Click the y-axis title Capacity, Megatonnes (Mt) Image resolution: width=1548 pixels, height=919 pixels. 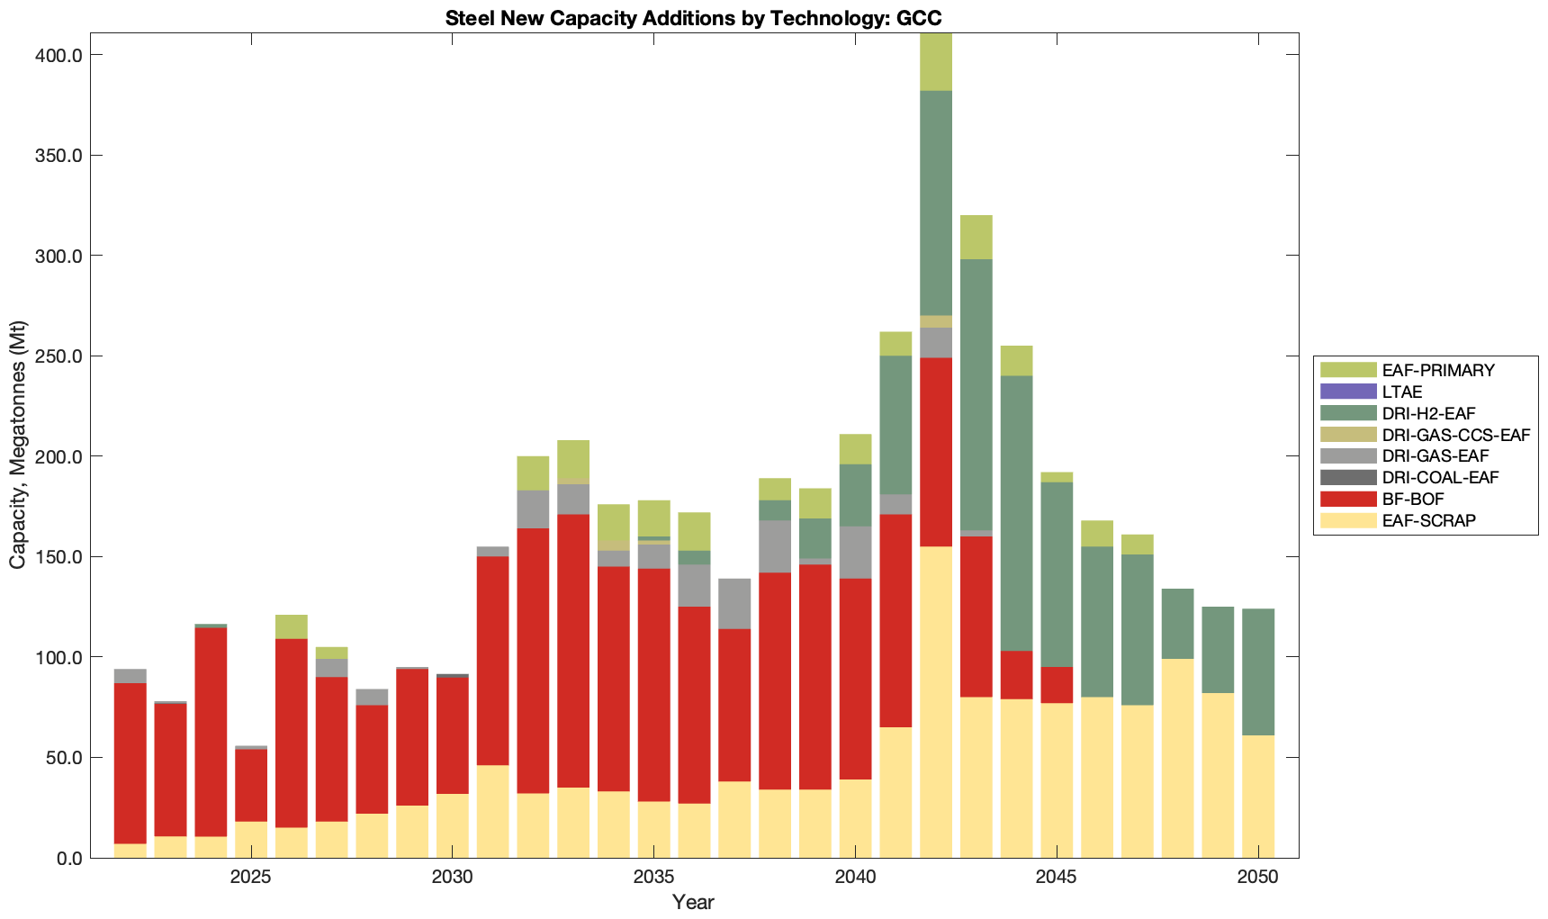pos(18,445)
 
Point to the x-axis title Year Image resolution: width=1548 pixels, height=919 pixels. pos(693,902)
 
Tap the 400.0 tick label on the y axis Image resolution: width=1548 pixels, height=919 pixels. pos(59,56)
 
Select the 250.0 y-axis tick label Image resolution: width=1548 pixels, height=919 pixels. pos(59,356)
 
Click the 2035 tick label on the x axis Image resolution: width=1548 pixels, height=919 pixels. pos(654,877)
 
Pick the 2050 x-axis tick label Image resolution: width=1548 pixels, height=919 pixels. pos(1257,877)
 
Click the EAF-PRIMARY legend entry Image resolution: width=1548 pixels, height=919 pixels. pos(1438,370)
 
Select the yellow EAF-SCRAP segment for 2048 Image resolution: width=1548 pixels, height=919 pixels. pos(1177,758)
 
